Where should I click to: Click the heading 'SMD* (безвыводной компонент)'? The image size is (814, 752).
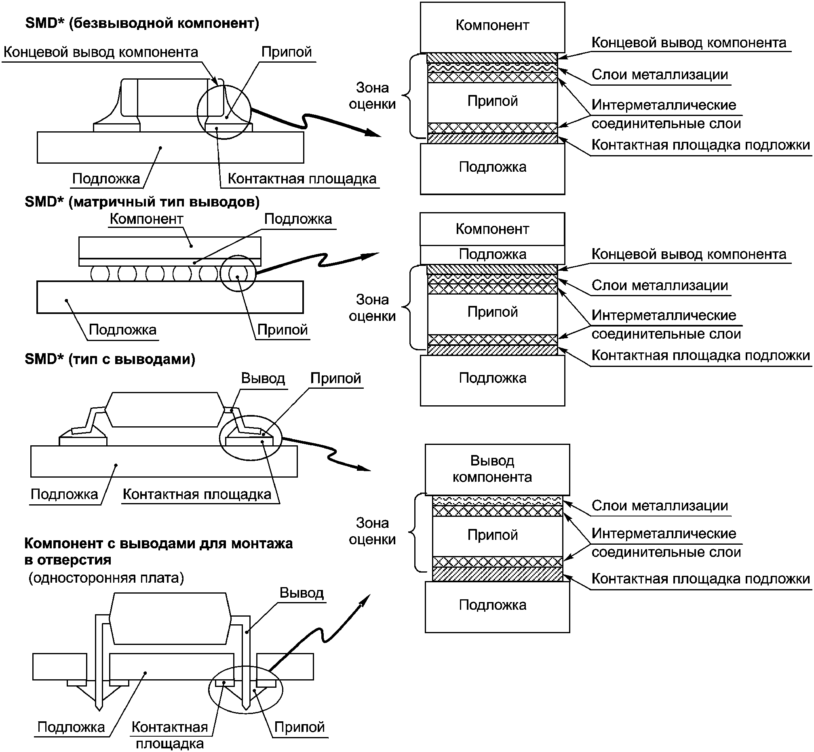pyautogui.click(x=142, y=23)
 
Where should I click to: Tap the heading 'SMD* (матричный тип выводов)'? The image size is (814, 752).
pyautogui.click(x=142, y=202)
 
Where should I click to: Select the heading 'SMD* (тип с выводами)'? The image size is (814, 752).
pyautogui.click(x=110, y=359)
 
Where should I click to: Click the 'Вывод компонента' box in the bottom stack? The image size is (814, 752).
pyautogui.click(x=497, y=469)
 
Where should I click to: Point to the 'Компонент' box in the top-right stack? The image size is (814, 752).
pyautogui.click(x=492, y=27)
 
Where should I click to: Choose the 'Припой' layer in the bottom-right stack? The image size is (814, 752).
pyautogui.click(x=498, y=535)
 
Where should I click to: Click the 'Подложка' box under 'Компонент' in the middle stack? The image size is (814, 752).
pyautogui.click(x=492, y=255)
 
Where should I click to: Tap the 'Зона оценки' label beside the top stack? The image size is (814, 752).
pyautogui.click(x=372, y=96)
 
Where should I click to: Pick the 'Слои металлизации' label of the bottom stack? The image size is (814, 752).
pyautogui.click(x=660, y=506)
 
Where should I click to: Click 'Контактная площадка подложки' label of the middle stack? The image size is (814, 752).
pyautogui.click(x=700, y=355)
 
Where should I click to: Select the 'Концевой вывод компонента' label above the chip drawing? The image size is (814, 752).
pyautogui.click(x=101, y=52)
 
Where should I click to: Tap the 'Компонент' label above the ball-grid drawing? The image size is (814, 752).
pyautogui.click(x=146, y=219)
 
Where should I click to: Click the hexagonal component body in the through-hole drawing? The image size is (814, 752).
pyautogui.click(x=170, y=619)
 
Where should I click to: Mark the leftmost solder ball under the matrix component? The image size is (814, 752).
pyautogui.click(x=100, y=274)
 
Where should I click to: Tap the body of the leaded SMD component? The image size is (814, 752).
pyautogui.click(x=164, y=409)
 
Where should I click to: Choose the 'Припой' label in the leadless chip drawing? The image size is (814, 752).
pyautogui.click(x=287, y=52)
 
